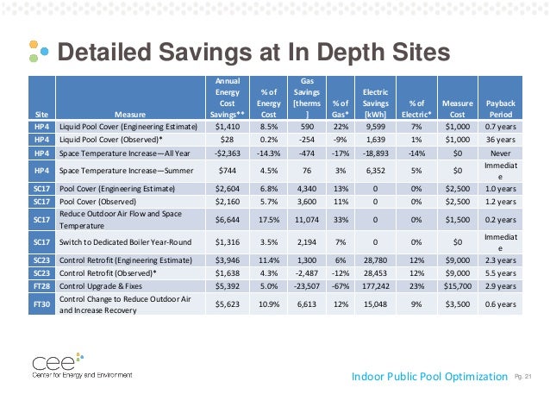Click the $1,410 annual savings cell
click(228, 125)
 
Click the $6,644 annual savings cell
click(228, 219)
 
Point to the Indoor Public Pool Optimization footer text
click(430, 376)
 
